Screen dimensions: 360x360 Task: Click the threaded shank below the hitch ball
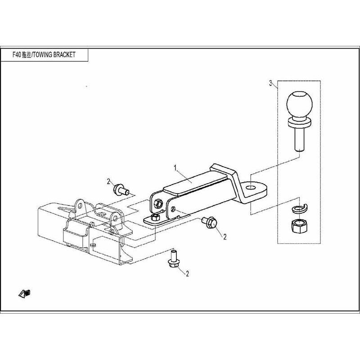point(299,139)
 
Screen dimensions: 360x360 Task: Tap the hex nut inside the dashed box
point(299,226)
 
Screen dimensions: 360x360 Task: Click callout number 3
point(271,83)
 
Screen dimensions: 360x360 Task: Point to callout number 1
point(175,168)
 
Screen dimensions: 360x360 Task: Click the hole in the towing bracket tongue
point(251,188)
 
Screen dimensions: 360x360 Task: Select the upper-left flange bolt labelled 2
point(121,189)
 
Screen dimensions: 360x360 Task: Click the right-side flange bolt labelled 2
point(209,222)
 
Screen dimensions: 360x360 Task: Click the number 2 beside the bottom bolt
point(187,274)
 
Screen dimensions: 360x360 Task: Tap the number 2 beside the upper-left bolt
point(108,182)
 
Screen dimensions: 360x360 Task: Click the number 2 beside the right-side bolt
point(225,237)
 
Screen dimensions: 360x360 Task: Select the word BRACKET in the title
point(64,54)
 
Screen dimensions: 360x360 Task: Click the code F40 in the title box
point(17,54)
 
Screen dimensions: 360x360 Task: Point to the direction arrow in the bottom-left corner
point(24,294)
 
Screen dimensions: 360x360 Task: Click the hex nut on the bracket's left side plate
point(158,203)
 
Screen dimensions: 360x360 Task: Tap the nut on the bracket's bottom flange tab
point(155,217)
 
